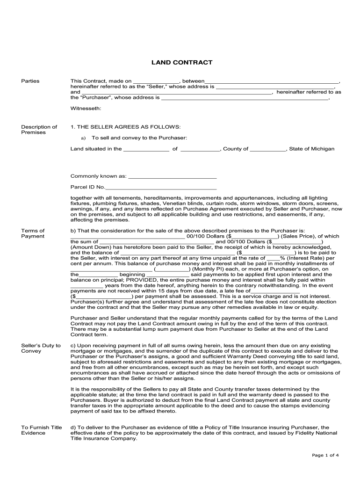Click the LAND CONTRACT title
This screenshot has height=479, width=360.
pyautogui.click(x=181, y=62)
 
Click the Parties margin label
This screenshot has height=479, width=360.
pyautogui.click(x=30, y=81)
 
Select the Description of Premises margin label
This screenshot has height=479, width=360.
pyautogui.click(x=39, y=130)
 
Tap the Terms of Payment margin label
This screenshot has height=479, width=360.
pyautogui.click(x=33, y=233)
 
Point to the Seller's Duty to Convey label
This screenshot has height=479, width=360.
pyautogui.click(x=41, y=348)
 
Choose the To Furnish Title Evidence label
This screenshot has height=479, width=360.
pyautogui.click(x=42, y=430)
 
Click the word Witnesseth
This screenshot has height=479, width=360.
pyautogui.click(x=86, y=108)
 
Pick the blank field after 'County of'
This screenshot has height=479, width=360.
pyautogui.click(x=267, y=149)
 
